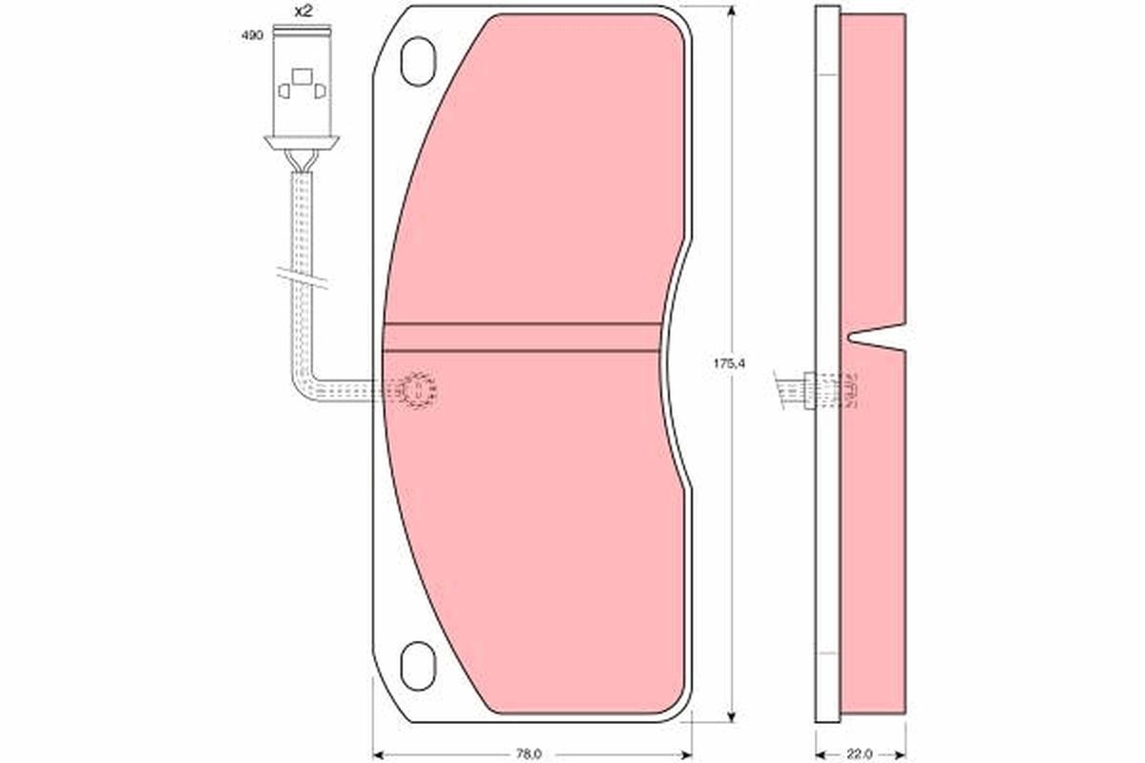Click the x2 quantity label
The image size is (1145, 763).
(303, 11)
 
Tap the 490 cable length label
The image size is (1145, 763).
(253, 36)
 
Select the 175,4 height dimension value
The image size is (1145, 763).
(729, 363)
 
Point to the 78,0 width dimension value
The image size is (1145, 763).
(529, 753)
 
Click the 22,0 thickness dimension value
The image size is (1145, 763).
(860, 753)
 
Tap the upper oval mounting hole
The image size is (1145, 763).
(418, 61)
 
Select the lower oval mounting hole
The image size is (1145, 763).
(418, 666)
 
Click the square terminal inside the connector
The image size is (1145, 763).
(302, 76)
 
